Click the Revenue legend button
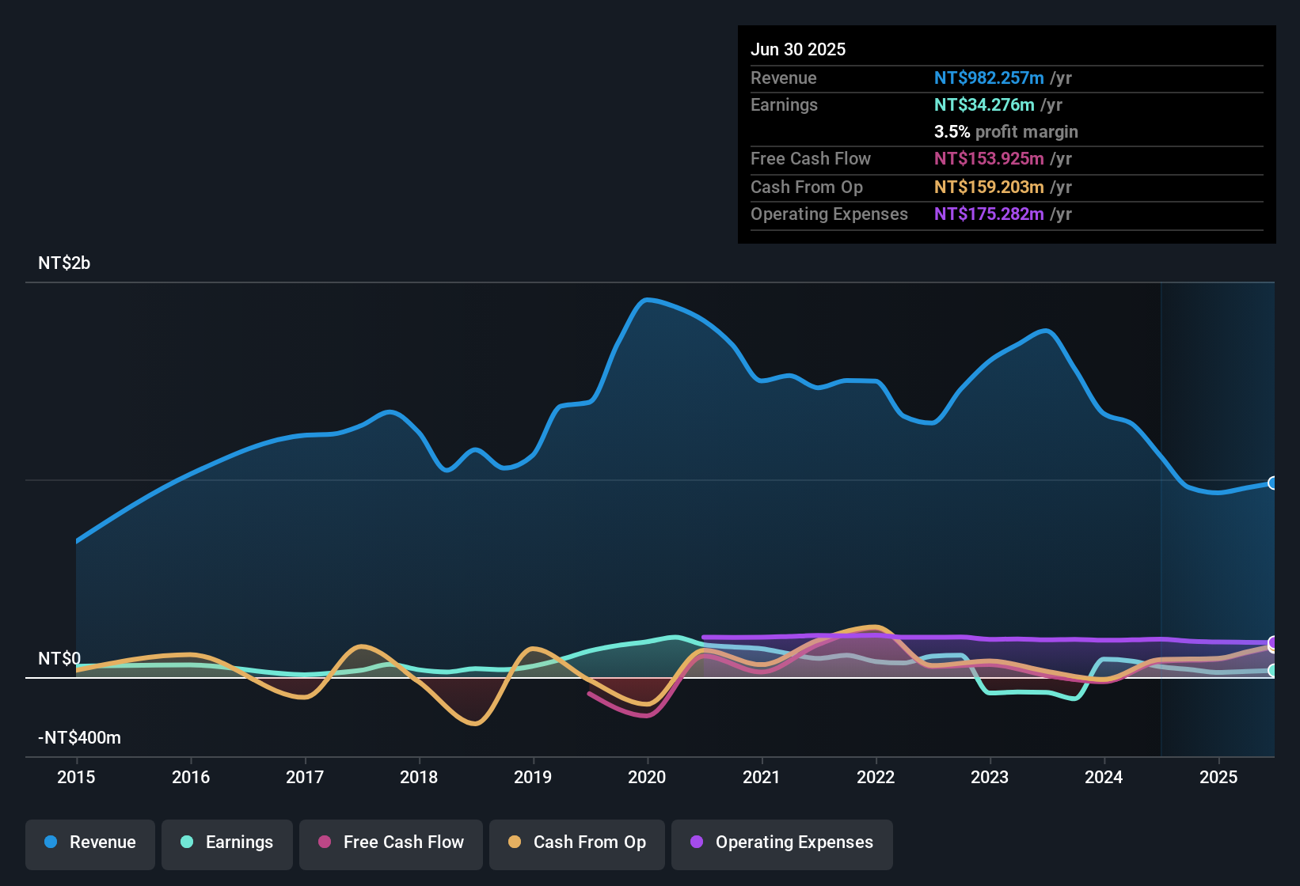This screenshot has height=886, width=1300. tap(90, 842)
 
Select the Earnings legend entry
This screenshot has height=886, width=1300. tap(227, 842)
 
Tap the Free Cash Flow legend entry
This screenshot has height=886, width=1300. tap(391, 842)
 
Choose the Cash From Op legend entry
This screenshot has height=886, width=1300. tap(577, 842)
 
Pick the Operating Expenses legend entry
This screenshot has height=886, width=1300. tap(782, 842)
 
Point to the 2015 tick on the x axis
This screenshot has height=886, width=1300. tap(76, 777)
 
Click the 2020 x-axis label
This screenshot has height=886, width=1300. tap(647, 777)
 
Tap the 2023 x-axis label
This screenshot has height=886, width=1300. tap(990, 777)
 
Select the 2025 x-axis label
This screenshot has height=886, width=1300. tap(1218, 777)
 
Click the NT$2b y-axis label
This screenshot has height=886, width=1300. tap(64, 263)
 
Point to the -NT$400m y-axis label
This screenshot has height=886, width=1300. tap(79, 738)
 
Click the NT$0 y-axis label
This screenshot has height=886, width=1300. tap(59, 659)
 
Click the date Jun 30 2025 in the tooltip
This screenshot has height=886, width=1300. tap(798, 49)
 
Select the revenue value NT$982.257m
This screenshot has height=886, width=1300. tap(989, 78)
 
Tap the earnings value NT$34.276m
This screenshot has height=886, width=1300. tap(984, 104)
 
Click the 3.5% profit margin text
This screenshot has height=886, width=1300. tap(1005, 131)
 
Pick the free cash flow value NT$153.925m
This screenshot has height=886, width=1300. tap(989, 158)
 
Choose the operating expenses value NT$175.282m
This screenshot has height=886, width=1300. tap(989, 214)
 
